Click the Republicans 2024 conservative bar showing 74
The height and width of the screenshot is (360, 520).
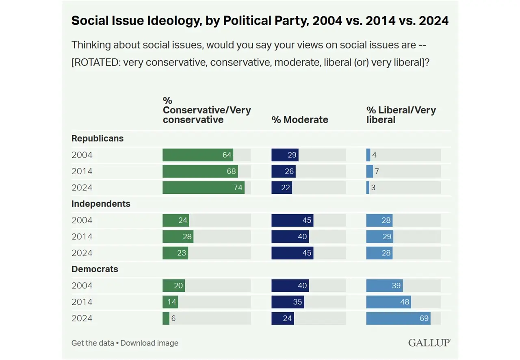204,188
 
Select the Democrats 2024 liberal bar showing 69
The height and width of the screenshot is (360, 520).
398,318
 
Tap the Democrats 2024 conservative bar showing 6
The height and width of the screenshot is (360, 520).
166,318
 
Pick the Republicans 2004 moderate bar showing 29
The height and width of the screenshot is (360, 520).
285,155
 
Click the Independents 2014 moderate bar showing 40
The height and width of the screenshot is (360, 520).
290,236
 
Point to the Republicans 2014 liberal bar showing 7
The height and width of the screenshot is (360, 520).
370,171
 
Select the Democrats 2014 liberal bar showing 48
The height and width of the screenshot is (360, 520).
388,302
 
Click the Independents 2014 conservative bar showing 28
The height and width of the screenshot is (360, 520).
178,236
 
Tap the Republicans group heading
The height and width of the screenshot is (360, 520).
97,139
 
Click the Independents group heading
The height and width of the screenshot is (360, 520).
101,204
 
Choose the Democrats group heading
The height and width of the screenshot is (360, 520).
95,269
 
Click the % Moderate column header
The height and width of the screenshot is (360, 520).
300,119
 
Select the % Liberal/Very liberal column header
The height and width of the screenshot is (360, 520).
401,115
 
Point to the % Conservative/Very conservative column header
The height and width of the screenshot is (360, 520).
207,110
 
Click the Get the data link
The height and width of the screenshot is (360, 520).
93,343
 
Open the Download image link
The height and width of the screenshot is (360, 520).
149,343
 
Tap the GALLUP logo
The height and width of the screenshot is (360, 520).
429,343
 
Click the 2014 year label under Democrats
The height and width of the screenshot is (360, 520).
82,302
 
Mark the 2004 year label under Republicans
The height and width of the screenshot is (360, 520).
82,155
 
